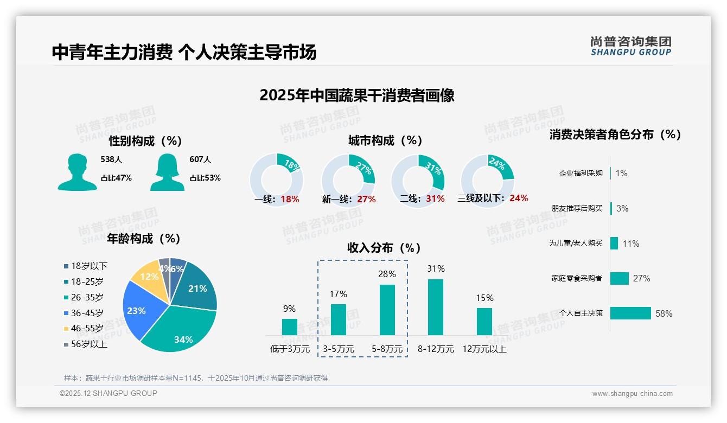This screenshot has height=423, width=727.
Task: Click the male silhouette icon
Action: [x=77, y=172]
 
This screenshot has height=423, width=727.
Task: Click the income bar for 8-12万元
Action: [x=435, y=307]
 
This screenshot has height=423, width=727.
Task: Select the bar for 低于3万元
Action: [x=289, y=326]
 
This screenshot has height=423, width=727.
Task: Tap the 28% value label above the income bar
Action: [x=387, y=274]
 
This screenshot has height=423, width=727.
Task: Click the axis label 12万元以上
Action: [x=484, y=349]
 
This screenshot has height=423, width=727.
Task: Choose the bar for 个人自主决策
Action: [x=630, y=313]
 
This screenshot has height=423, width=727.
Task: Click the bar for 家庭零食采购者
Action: [x=619, y=278]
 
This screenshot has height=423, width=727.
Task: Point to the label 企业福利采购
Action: [x=581, y=174]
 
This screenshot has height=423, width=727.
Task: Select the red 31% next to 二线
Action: [x=435, y=199]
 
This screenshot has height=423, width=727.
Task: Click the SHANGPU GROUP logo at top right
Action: [x=630, y=46]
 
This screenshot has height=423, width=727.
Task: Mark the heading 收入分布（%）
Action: [x=384, y=248]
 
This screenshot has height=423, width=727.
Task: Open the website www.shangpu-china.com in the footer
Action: [x=632, y=394]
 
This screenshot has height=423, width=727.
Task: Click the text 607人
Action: [x=200, y=159]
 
